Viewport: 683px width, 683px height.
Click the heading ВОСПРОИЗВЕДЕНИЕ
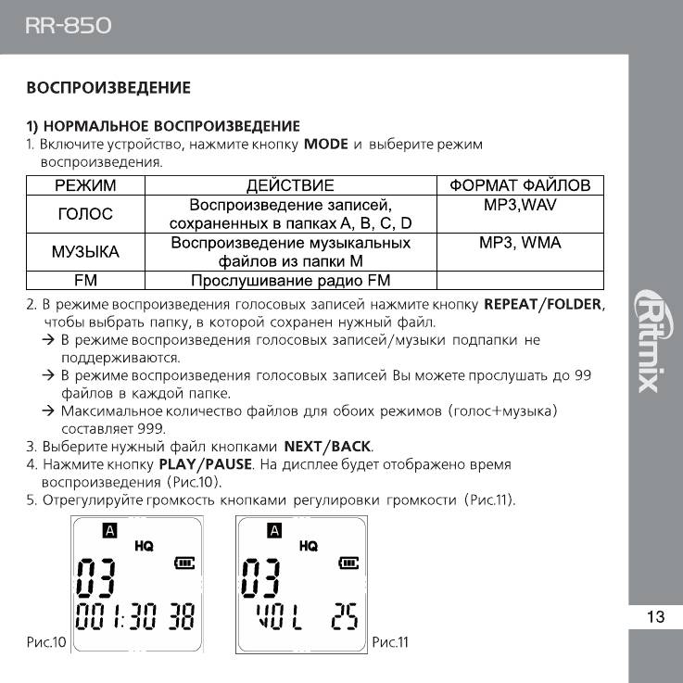pyautogui.click(x=108, y=88)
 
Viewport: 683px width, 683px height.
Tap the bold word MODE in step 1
pyautogui.click(x=325, y=145)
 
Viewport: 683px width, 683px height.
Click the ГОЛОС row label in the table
pyautogui.click(x=85, y=214)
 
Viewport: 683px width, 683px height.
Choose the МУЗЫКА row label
pyautogui.click(x=85, y=252)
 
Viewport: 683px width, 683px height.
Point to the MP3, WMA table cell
pyautogui.click(x=520, y=243)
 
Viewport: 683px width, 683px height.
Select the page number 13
pyautogui.click(x=655, y=617)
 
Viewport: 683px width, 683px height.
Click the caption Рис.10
pyautogui.click(x=43, y=641)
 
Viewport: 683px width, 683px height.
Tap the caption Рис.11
pyautogui.click(x=390, y=641)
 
